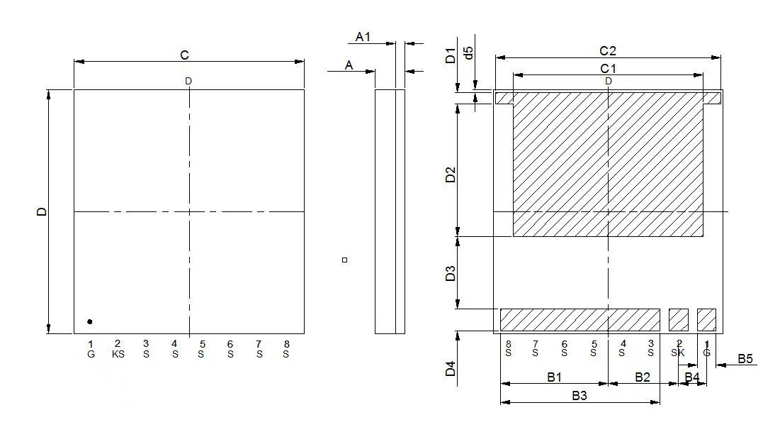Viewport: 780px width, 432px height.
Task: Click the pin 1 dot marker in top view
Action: [x=90, y=322]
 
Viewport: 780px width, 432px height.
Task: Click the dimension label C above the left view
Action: [x=184, y=55]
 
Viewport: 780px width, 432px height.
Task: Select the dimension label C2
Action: [x=608, y=50]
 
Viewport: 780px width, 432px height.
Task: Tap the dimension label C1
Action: [x=608, y=68]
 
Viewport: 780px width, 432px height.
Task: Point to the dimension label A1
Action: [x=363, y=36]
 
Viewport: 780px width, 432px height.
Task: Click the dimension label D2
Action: [x=451, y=175]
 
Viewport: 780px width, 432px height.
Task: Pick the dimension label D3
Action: [x=451, y=274]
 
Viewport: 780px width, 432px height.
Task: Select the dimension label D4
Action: [x=451, y=369]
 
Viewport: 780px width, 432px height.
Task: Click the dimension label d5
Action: [x=468, y=53]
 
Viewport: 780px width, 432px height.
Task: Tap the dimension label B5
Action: [x=745, y=359]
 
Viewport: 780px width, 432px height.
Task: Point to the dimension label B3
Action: [x=580, y=396]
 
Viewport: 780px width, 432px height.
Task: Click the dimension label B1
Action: [x=554, y=377]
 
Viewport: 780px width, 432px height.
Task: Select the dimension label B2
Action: [x=642, y=377]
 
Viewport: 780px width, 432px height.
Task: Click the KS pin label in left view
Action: [x=118, y=354]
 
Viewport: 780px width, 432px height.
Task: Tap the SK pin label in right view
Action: [x=678, y=353]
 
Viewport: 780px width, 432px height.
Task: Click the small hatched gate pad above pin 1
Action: [x=706, y=320]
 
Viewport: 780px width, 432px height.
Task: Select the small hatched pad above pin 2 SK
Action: [x=679, y=320]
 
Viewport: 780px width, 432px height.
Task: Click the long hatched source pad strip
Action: [x=580, y=320]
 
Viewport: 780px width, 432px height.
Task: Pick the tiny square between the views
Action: [x=344, y=260]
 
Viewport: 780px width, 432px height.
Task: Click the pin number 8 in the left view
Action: [x=286, y=344]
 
